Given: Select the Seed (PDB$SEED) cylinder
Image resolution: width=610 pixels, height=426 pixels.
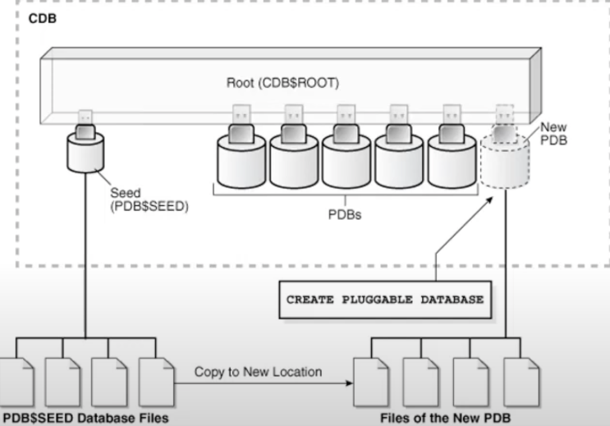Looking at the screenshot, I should tap(86, 156).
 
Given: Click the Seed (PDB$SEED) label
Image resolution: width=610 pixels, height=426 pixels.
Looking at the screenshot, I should tap(149, 200).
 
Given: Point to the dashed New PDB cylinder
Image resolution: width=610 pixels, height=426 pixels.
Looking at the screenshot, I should tap(504, 159).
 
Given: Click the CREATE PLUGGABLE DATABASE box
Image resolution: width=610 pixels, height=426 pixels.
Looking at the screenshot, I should tap(384, 300).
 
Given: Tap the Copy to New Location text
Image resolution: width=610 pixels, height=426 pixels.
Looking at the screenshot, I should tap(258, 372).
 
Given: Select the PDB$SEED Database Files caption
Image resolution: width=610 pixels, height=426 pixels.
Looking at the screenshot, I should tap(85, 419).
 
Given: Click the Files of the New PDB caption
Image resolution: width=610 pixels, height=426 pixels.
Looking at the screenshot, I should tap(447, 419).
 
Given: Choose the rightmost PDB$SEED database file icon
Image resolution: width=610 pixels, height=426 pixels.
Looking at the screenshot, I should tap(156, 382).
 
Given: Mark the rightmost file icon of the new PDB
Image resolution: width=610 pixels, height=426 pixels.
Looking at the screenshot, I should tap(521, 382).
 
